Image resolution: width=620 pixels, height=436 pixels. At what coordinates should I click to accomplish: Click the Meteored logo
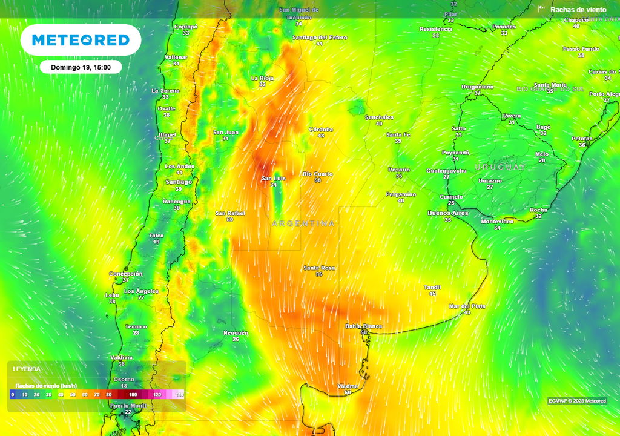pos(81,40)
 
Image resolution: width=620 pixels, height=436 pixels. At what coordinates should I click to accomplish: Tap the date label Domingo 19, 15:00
pos(81,67)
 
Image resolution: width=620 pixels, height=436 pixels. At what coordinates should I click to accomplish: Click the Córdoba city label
pos(321,129)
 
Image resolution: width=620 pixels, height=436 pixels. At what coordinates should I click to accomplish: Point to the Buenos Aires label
pos(448,213)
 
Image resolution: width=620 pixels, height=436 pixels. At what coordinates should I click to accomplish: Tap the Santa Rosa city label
pos(319,268)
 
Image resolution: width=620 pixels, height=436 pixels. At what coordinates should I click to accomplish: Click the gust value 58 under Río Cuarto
pos(317,180)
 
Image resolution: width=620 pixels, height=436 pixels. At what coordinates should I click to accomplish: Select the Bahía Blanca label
pos(363,326)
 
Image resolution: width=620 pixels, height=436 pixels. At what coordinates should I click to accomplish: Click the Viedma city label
pos(348,386)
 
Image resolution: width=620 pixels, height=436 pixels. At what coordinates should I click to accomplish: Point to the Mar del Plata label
pos(467,306)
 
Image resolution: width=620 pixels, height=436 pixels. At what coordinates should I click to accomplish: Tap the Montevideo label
pos(497,221)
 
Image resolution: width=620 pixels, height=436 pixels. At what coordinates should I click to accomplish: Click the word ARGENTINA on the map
pos(303,224)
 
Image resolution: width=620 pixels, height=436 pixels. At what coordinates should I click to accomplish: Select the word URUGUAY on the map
pos(500,167)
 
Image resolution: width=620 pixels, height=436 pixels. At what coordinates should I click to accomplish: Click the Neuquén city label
pos(236,332)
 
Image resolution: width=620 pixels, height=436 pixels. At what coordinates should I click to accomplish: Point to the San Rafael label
pos(230,213)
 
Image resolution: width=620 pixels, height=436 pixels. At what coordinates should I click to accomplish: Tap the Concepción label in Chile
pos(125,274)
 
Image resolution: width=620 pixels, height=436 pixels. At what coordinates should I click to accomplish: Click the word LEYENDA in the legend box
pos(27,369)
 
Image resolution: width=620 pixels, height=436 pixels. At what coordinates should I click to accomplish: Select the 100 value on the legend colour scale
pos(133,394)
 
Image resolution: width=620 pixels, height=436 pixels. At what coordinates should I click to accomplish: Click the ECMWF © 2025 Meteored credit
pos(577,401)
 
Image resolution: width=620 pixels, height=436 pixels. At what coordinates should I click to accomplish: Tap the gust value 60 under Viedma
pos(348,392)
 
